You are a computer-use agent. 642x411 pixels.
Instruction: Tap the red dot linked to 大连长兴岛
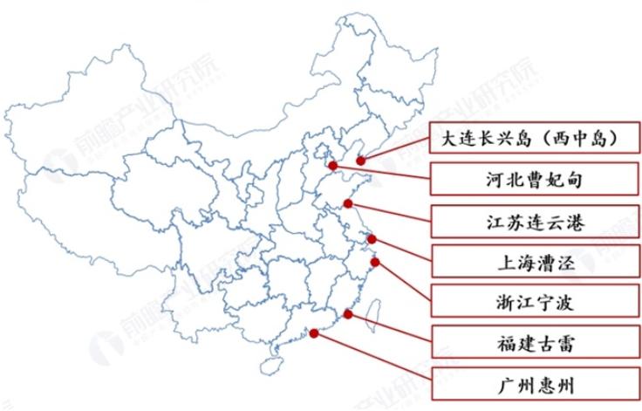(x=361, y=161)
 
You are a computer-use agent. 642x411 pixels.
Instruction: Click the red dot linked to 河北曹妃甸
(x=332, y=164)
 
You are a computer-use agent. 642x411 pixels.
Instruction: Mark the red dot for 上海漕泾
(x=372, y=239)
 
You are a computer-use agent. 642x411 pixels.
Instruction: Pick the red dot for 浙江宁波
(x=375, y=261)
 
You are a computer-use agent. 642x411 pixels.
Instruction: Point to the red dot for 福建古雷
(x=348, y=314)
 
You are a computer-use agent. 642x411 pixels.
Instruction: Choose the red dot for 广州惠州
(x=312, y=334)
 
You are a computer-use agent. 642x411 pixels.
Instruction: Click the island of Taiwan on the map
(x=370, y=313)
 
